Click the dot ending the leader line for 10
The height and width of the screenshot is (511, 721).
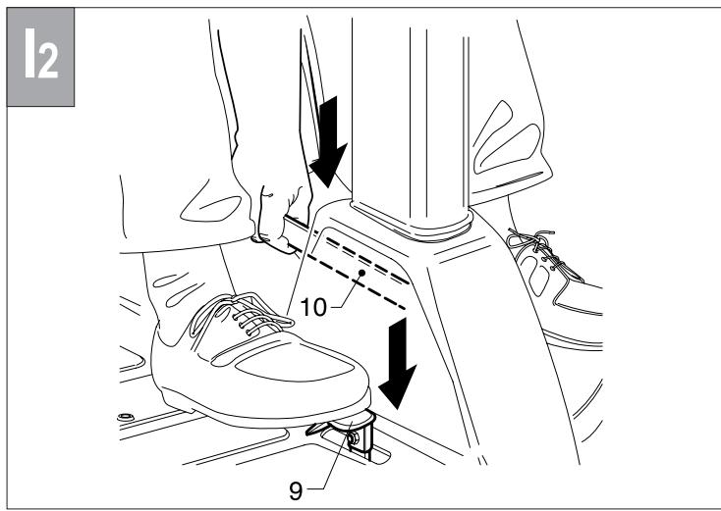(361, 270)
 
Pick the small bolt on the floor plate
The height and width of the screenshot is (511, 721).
(124, 420)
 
